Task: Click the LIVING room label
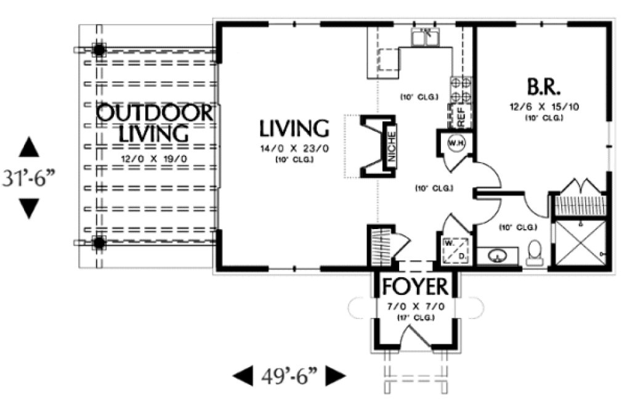[293, 129]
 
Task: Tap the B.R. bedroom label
[543, 87]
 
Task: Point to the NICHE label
[391, 148]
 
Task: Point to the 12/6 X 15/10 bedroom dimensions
[543, 107]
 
